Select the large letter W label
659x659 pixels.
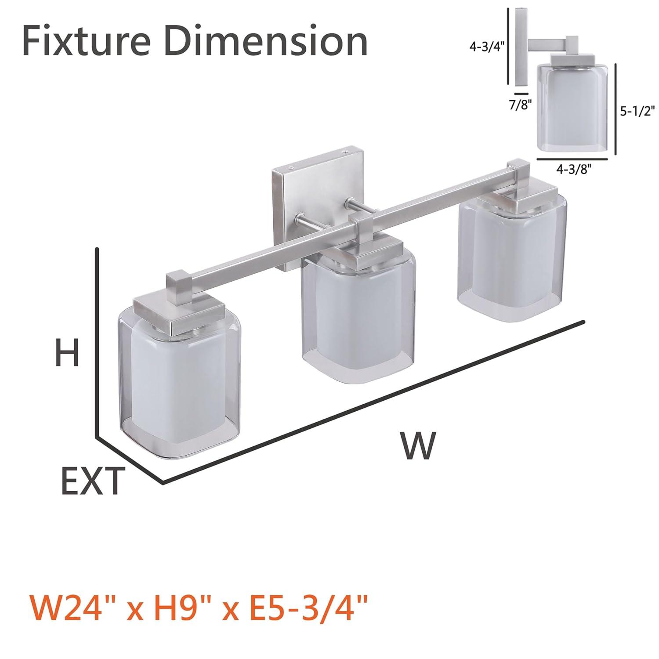pyautogui.click(x=417, y=445)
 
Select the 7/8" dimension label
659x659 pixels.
pyautogui.click(x=521, y=105)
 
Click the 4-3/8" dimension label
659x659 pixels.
pyautogui.click(x=572, y=170)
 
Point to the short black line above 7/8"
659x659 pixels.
pyautogui.click(x=521, y=94)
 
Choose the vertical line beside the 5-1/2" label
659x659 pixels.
pyautogui.click(x=616, y=109)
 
